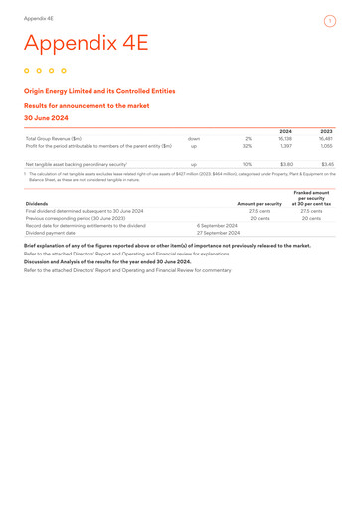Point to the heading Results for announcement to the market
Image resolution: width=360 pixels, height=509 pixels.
pos(87,104)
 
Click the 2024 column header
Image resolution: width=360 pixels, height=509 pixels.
pos(286,130)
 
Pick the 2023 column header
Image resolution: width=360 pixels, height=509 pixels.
pos(327,130)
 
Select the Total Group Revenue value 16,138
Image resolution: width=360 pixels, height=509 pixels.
pos(284,138)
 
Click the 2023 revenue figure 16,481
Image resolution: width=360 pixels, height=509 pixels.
pos(325,138)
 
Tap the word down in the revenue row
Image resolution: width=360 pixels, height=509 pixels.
pos(194,138)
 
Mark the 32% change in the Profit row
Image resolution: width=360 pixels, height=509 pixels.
pos(247,146)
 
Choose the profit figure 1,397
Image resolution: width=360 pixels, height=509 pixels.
pos(285,146)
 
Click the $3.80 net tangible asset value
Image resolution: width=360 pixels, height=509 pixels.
pos(286,164)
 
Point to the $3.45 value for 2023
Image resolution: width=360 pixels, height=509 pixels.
pos(327,164)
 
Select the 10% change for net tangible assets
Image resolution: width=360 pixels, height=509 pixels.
pos(247,164)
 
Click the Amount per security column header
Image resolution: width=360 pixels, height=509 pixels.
pos(260,204)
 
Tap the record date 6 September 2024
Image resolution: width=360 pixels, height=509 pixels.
pos(217,226)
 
